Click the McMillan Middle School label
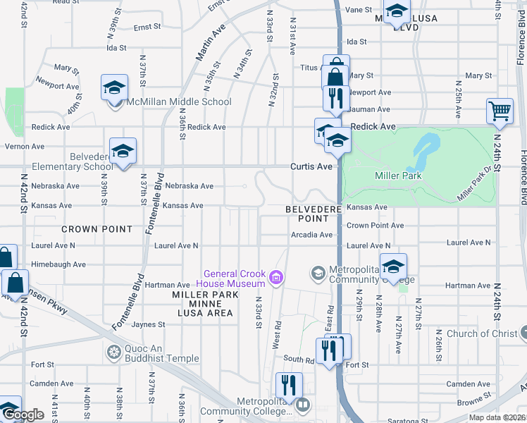pos(178,102)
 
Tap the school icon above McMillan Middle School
pos(114,88)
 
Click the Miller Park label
pos(398,176)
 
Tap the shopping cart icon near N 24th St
pos(499,111)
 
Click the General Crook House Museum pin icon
pos(277,278)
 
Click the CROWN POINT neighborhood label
pos(97,229)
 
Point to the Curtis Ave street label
pos(311,166)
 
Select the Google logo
pos(23,415)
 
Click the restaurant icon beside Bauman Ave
pos(335,97)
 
